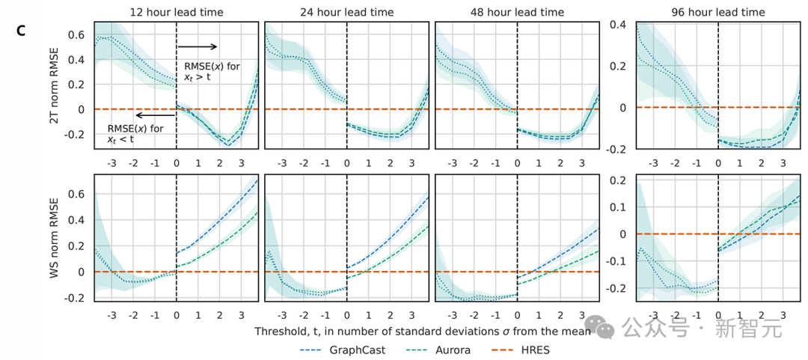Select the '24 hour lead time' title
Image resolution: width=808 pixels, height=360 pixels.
(347, 12)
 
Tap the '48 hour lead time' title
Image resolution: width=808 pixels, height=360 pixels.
(516, 12)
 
